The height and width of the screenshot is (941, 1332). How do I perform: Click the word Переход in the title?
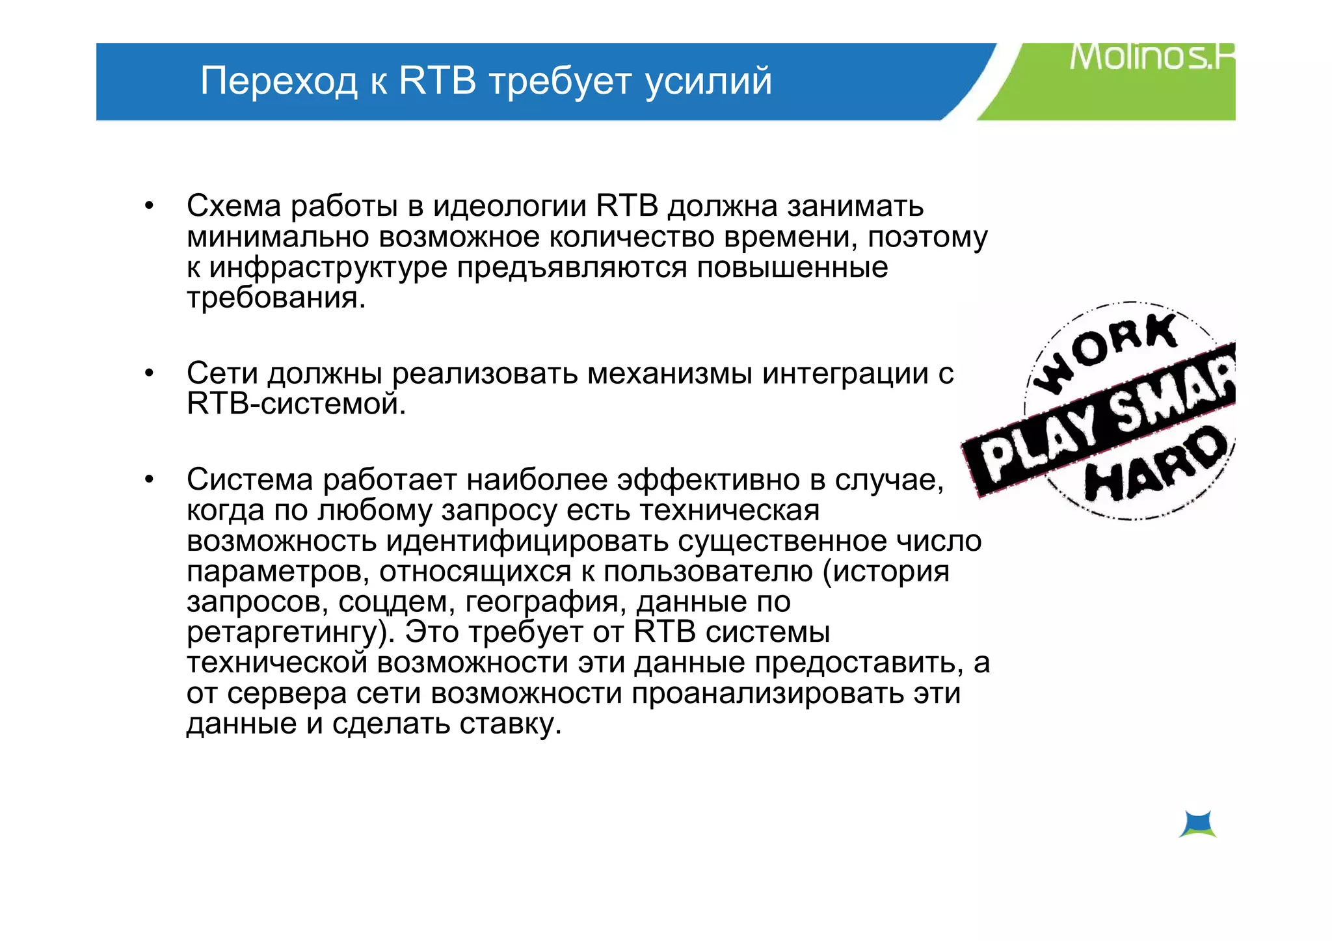click(x=278, y=81)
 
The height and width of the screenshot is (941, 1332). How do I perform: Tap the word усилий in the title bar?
click(x=708, y=82)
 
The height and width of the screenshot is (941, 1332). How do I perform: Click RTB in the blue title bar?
click(x=437, y=81)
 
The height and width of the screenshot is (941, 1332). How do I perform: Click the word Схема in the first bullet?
click(x=233, y=206)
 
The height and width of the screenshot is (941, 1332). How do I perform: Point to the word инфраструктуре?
click(x=328, y=268)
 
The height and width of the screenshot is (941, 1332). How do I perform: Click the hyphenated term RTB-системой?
click(x=296, y=404)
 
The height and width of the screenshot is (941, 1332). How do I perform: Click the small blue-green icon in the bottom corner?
click(x=1197, y=824)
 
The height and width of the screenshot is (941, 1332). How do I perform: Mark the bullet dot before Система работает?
click(x=150, y=481)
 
